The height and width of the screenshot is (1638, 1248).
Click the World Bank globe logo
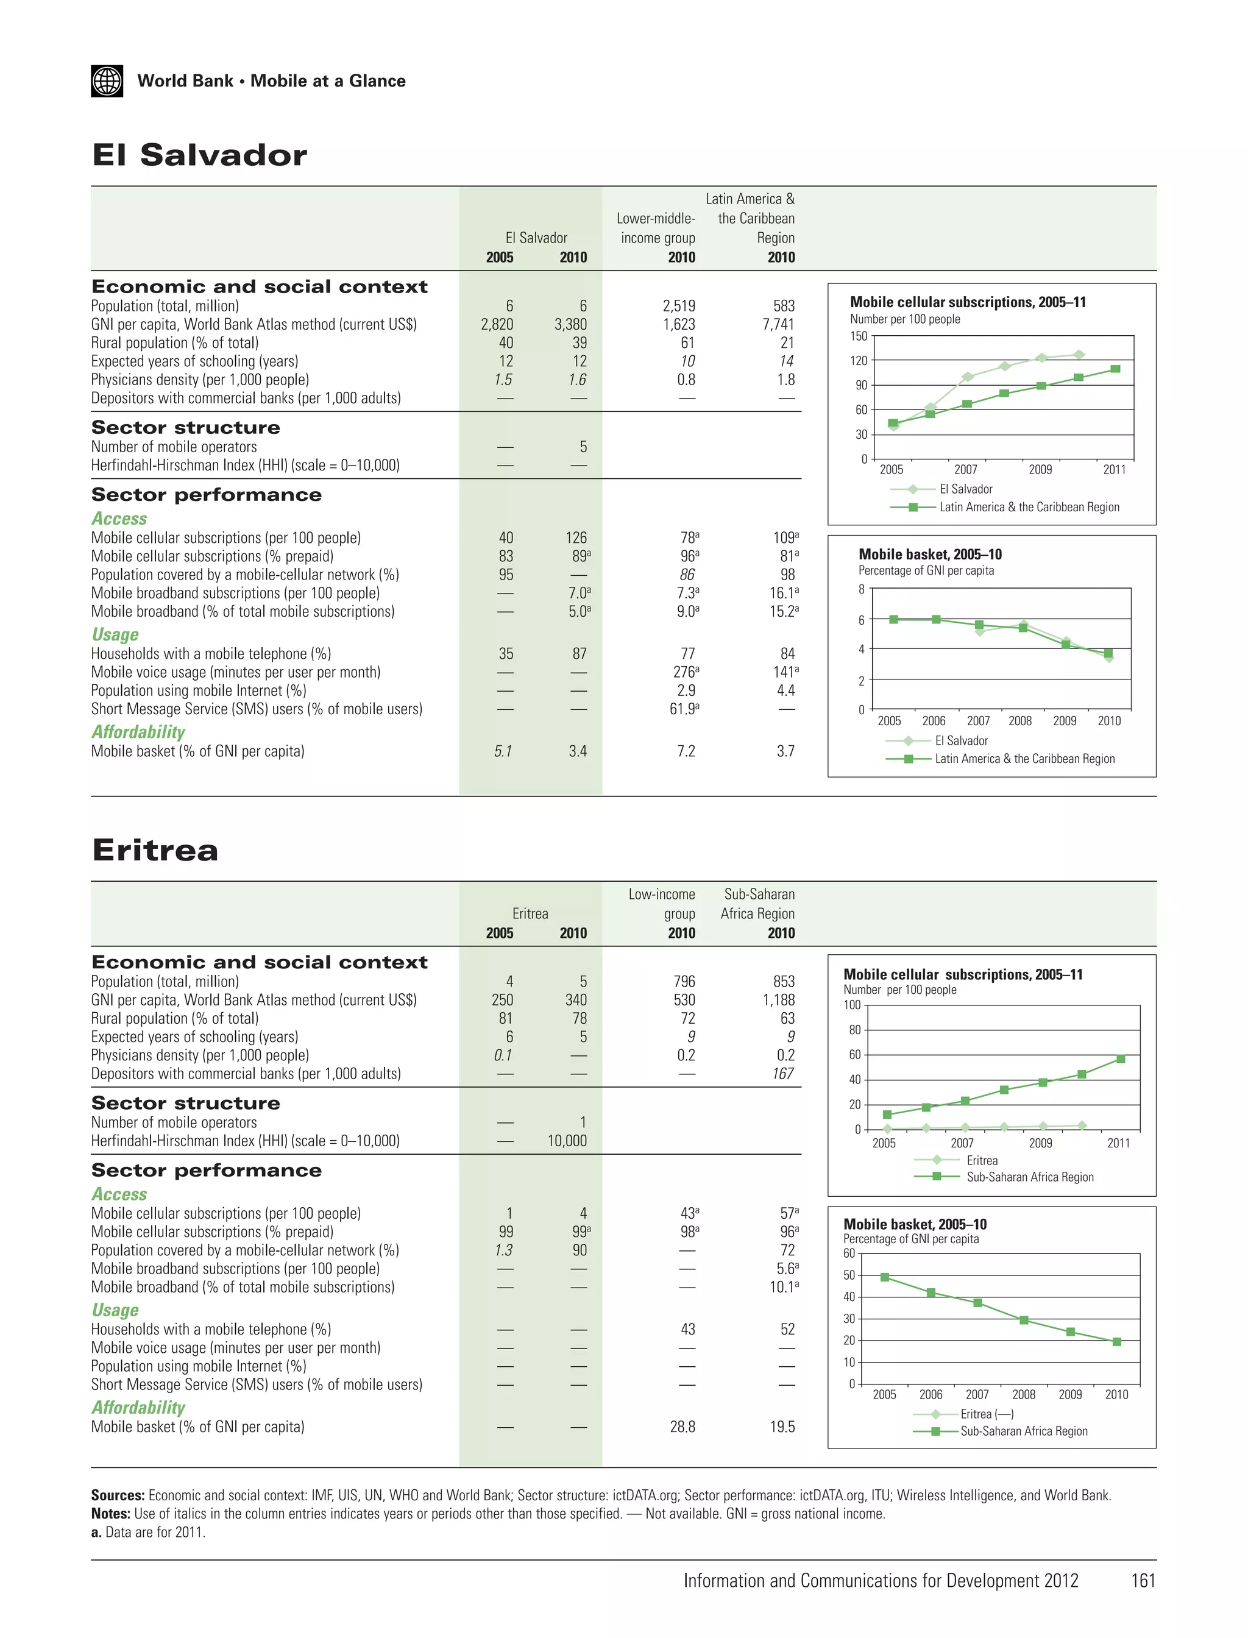point(107,81)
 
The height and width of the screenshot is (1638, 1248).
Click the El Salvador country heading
point(199,155)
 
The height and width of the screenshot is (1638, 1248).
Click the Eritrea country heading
point(155,850)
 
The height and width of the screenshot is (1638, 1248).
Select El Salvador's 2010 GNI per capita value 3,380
point(570,325)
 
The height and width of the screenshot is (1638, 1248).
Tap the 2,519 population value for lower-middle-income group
point(678,306)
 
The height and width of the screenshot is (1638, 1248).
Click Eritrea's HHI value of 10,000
point(567,1141)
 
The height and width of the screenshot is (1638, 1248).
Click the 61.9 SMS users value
point(684,709)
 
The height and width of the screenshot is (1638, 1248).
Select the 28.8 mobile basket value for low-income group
point(682,1427)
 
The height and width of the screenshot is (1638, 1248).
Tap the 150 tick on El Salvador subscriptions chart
point(858,336)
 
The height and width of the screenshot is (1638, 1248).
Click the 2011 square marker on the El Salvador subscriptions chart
point(1115,369)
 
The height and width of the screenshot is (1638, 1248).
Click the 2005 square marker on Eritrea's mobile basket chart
point(885,1278)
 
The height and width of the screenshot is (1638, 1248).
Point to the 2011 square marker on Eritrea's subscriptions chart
point(1120,1059)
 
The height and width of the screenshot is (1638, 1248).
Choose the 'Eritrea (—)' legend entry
point(987,1414)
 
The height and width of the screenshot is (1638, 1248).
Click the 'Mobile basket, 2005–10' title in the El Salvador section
point(930,554)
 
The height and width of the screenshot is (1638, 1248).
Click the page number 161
point(1143,1581)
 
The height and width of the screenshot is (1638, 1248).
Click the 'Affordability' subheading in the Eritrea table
point(138,1408)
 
